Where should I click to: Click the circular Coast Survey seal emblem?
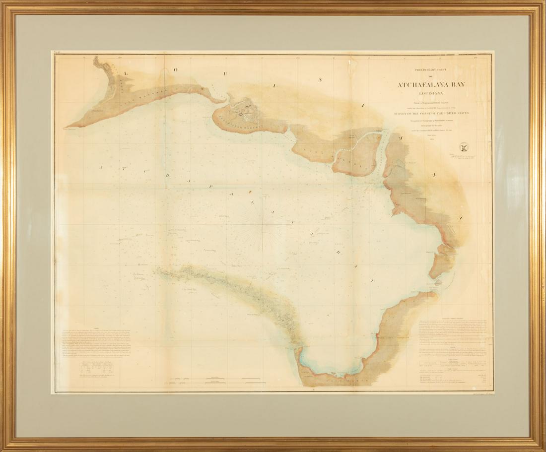(464, 146)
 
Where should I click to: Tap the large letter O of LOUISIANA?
(175, 69)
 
